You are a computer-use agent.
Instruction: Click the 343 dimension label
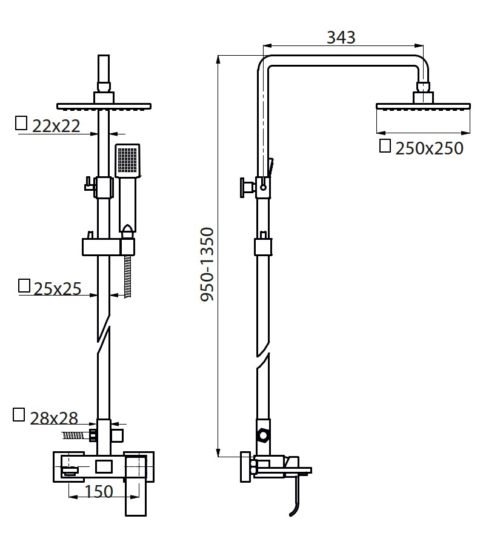pyautogui.click(x=341, y=37)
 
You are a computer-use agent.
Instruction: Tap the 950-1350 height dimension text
pyautogui.click(x=208, y=265)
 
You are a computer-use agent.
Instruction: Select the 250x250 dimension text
pyautogui.click(x=428, y=148)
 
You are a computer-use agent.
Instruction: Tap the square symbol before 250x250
pyautogui.click(x=384, y=146)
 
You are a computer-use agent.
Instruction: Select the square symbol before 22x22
pyautogui.click(x=21, y=123)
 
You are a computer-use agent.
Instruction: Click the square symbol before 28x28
pyautogui.click(x=19, y=415)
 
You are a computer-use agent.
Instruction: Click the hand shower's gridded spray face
pyautogui.click(x=127, y=160)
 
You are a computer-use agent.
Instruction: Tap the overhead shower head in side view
pyautogui.click(x=423, y=107)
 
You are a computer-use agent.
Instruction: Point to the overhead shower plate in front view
pyautogui.click(x=104, y=107)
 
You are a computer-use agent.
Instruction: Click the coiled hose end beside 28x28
pyautogui.click(x=75, y=435)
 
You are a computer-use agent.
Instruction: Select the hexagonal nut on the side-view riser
pyautogui.click(x=262, y=435)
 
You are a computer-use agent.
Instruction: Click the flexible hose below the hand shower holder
pyautogui.click(x=127, y=276)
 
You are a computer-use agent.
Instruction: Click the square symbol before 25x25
pyautogui.click(x=24, y=286)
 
